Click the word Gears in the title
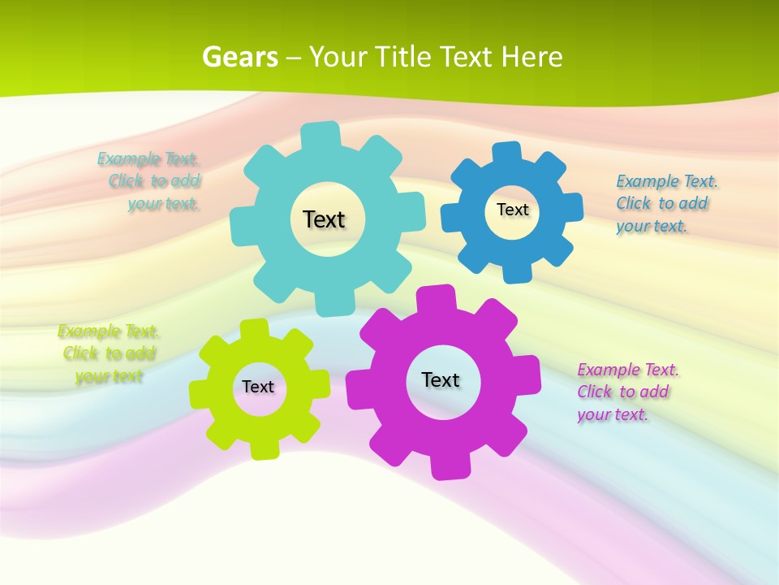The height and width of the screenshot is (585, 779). point(239,57)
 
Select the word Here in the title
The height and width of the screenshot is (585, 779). point(532,57)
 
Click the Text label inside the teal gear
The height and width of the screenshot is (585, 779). point(324,219)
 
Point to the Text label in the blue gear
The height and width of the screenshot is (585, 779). point(512,210)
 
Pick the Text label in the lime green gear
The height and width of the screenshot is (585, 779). point(258,387)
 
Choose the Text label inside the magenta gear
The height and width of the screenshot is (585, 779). point(441,379)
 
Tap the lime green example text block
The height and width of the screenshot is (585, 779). point(109,353)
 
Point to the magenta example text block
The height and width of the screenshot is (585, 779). point(626,392)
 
